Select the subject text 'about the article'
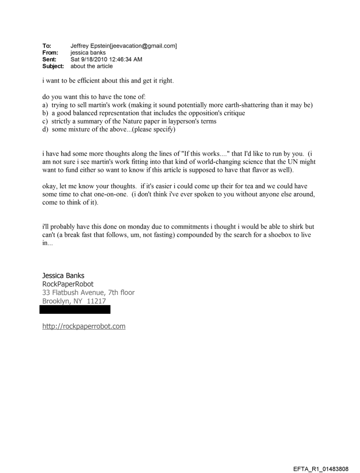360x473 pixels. (91, 66)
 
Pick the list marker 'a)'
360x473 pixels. (45, 105)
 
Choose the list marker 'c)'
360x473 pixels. (45, 121)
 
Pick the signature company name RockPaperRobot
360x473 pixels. (67, 284)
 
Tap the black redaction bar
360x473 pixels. (75, 309)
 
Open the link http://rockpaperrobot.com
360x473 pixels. (84, 326)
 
